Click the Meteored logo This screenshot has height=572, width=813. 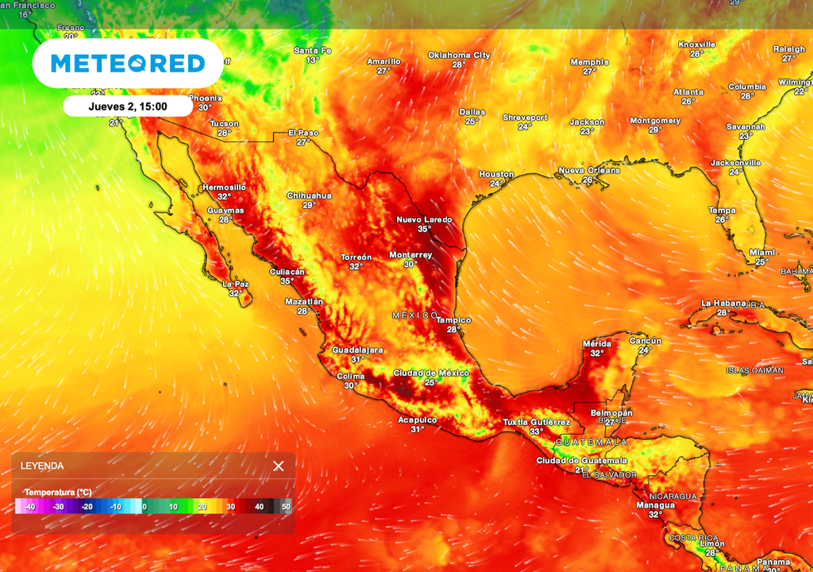point(128,63)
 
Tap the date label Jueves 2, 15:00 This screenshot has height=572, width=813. point(127,106)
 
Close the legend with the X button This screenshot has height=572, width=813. point(278,466)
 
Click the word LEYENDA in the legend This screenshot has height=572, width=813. point(42,466)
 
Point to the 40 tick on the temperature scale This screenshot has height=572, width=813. point(259,506)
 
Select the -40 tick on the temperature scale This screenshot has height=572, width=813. point(29,506)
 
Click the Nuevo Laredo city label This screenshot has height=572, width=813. point(424,219)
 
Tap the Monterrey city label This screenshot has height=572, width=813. point(410,255)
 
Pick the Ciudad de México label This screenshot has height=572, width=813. point(431,373)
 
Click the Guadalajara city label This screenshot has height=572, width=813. point(357,350)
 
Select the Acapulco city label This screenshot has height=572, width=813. point(417,419)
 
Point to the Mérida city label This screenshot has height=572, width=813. point(597,344)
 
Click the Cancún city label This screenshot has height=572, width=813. point(645,341)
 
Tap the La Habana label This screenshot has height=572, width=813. point(723,303)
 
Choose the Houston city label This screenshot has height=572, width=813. point(496,175)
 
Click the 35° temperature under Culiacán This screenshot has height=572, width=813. point(287,281)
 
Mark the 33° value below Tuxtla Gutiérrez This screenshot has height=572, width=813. point(537,431)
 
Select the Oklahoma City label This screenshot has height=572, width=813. point(459,56)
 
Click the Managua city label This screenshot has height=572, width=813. point(655,505)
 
